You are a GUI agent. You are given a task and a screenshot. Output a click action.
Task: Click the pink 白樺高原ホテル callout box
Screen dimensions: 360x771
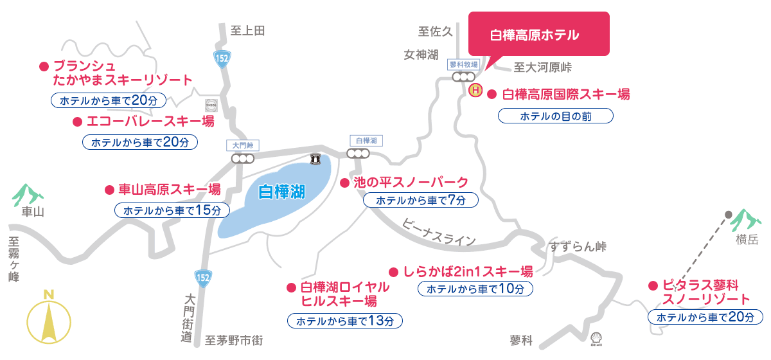click(538, 35)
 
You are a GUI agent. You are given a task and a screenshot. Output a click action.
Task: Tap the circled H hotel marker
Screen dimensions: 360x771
click(475, 91)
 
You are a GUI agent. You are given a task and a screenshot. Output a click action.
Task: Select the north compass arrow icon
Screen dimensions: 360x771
click(48, 318)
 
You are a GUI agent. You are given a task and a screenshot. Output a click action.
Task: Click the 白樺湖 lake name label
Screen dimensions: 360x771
click(281, 191)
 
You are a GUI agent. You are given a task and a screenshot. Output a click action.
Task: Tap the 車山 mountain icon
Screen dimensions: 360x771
click(28, 194)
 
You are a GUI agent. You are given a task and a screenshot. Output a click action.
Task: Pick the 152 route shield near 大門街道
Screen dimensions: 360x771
click(202, 277)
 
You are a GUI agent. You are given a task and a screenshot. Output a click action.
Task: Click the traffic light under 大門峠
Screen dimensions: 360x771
click(244, 158)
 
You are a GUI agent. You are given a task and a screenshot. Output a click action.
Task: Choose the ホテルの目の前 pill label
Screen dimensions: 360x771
click(556, 116)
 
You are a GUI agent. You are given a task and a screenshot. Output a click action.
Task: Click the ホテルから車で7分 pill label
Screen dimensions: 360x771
click(421, 201)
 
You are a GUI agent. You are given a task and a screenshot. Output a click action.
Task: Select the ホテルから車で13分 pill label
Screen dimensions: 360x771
click(345, 320)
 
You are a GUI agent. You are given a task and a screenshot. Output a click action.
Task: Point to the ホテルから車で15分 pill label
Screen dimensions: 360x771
click(171, 210)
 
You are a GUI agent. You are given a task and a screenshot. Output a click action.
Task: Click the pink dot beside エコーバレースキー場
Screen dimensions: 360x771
click(76, 121)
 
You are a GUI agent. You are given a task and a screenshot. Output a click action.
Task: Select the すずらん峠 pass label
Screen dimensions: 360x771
click(578, 247)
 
